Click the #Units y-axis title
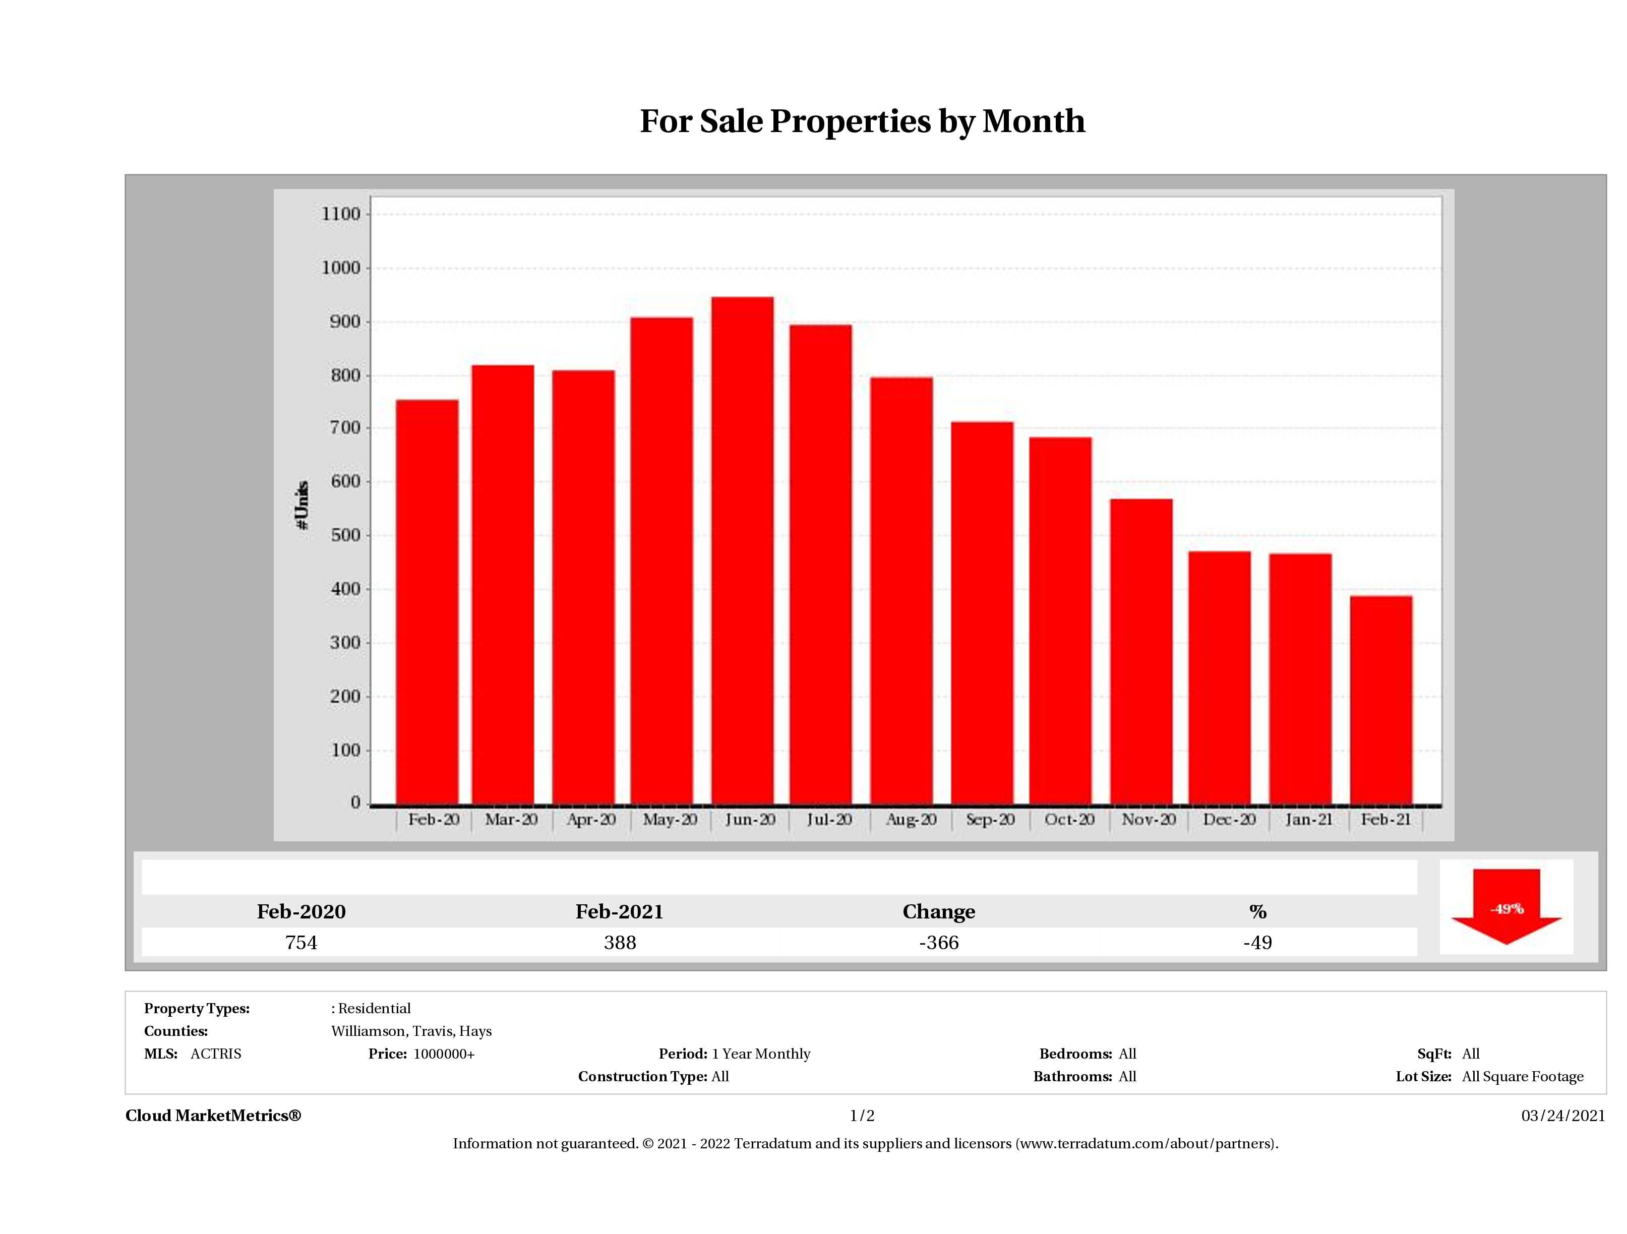click(x=302, y=505)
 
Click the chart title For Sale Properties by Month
click(x=862, y=121)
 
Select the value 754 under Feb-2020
click(x=301, y=943)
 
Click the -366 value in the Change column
click(x=939, y=943)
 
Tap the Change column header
click(x=939, y=912)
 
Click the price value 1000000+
click(x=444, y=1054)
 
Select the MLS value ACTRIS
click(x=215, y=1054)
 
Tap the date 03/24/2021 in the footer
click(x=1563, y=1116)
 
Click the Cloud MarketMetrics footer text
click(x=213, y=1116)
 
